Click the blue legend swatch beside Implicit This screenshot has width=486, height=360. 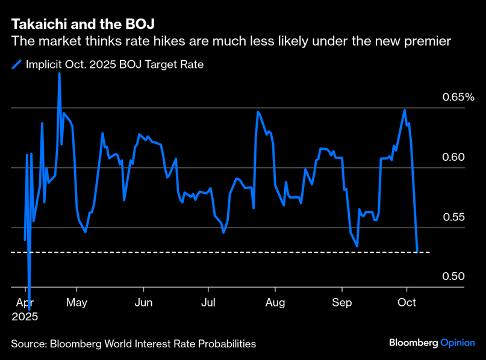click(x=17, y=64)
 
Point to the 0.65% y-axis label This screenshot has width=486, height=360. click(x=459, y=97)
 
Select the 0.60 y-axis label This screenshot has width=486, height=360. click(x=453, y=157)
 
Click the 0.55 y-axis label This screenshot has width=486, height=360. click(x=453, y=217)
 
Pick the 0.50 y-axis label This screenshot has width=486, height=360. click(x=453, y=276)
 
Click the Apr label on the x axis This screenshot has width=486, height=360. click(x=25, y=302)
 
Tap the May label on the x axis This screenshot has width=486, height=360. click(x=76, y=302)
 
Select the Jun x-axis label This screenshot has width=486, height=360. click(x=143, y=302)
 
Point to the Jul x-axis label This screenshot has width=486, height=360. click(x=208, y=302)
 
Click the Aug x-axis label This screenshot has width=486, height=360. click(x=275, y=302)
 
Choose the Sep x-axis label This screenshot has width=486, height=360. click(x=342, y=302)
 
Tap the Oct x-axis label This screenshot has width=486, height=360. click(x=408, y=302)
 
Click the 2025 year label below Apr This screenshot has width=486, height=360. click(x=25, y=316)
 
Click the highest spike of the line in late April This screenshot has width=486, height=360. click(x=59, y=73)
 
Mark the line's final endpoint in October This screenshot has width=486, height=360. click(x=418, y=252)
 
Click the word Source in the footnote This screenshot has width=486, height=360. click(x=28, y=344)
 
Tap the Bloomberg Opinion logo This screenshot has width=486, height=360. click(x=432, y=343)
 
